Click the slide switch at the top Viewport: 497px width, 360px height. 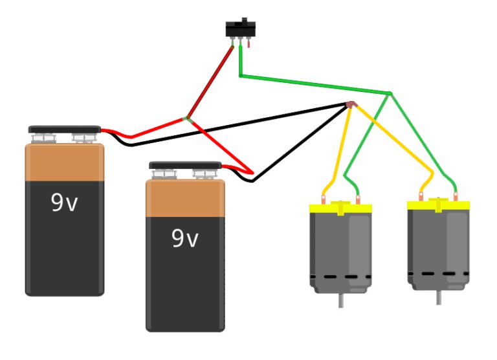[x=240, y=30]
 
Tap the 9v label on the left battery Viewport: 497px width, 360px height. [x=64, y=203]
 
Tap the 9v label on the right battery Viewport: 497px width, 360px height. [x=184, y=239]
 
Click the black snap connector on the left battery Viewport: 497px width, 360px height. [x=64, y=129]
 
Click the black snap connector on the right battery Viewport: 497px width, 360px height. [x=185, y=165]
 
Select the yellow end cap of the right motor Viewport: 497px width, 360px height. [x=438, y=205]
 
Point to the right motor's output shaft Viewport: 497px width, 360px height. [x=439, y=297]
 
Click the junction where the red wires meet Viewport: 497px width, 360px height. [x=188, y=118]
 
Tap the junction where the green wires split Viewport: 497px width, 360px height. [x=389, y=94]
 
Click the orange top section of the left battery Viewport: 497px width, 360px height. [x=64, y=162]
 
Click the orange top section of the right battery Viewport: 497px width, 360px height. [x=184, y=197]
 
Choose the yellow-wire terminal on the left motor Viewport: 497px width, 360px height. [x=323, y=197]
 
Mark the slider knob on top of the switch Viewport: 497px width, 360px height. [x=244, y=20]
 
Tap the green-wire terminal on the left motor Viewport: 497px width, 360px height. [x=358, y=197]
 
